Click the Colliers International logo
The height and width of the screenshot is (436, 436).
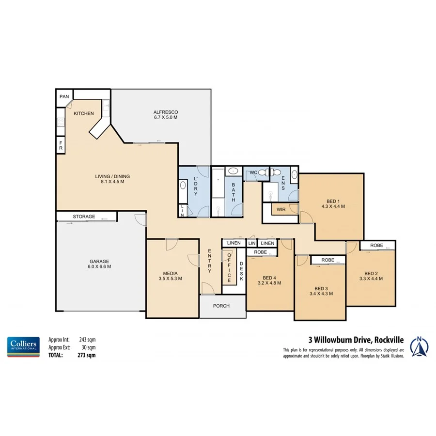23,346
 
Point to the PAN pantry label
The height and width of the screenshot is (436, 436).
64,97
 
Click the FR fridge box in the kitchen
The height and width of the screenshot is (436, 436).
61,145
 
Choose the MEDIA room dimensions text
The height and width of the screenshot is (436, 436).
170,279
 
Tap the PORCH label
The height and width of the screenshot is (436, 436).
221,306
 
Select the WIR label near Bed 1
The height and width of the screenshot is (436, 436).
281,210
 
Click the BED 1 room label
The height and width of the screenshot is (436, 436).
333,203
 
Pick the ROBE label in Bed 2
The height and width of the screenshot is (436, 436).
376,246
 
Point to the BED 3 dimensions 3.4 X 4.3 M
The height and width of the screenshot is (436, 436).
320,293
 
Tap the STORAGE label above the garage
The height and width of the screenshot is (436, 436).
84,217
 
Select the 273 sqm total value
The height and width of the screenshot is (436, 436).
88,355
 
